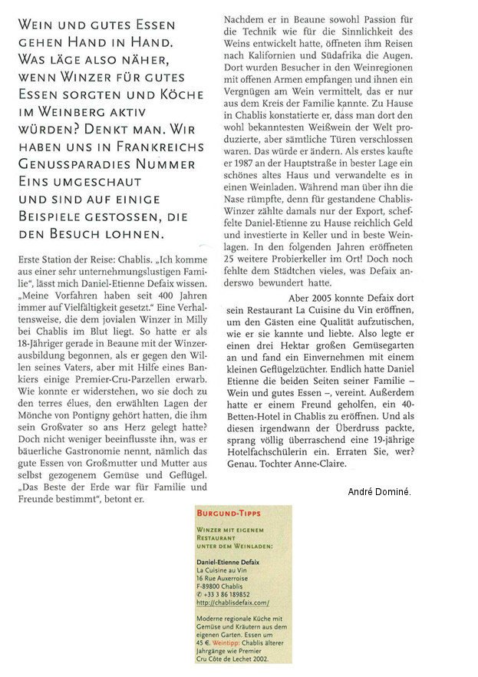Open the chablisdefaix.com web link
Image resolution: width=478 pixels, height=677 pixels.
(227, 603)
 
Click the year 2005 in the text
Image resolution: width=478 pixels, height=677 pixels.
(345, 276)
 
